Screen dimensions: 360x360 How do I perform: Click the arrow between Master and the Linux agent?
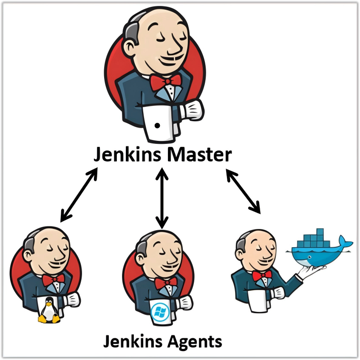pyautogui.click(x=79, y=195)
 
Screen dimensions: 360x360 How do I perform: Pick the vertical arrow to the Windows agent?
pyautogui.click(x=161, y=197)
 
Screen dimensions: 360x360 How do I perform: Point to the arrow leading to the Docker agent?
pyautogui.click(x=243, y=191)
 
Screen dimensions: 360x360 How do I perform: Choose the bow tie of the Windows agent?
pyautogui.click(x=166, y=283)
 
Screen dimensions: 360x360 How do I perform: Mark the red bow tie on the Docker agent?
pyautogui.click(x=262, y=276)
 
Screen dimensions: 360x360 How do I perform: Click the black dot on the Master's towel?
pyautogui.click(x=157, y=126)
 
